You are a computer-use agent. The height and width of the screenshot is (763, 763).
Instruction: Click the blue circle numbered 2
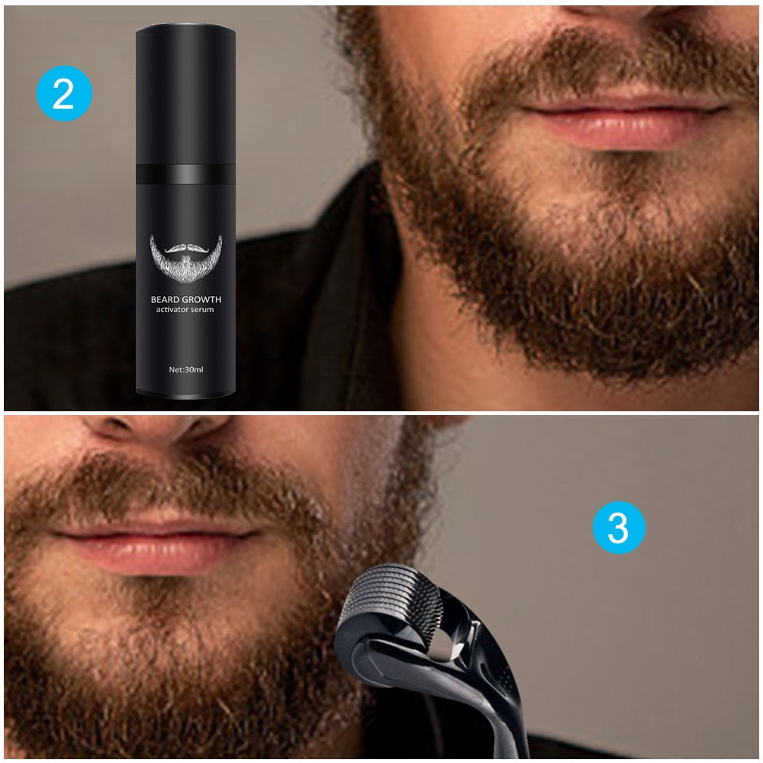tap(64, 93)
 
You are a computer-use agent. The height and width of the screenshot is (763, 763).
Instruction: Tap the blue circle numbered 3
tap(619, 527)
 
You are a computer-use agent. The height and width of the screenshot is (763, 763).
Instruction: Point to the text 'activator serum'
tap(185, 313)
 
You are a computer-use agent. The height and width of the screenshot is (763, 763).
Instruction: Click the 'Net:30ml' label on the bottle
tap(185, 369)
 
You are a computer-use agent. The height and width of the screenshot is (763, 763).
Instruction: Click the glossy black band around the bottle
tap(185, 174)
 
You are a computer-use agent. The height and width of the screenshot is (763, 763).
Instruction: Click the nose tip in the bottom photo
tap(153, 427)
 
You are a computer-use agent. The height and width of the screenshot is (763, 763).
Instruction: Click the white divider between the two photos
tap(381, 413)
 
